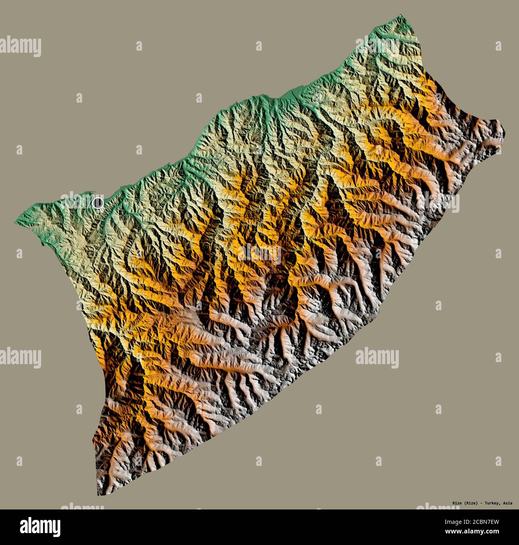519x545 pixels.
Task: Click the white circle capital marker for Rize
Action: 97,203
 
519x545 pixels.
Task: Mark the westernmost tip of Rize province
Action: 16,222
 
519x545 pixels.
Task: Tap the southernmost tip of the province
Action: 98,495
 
